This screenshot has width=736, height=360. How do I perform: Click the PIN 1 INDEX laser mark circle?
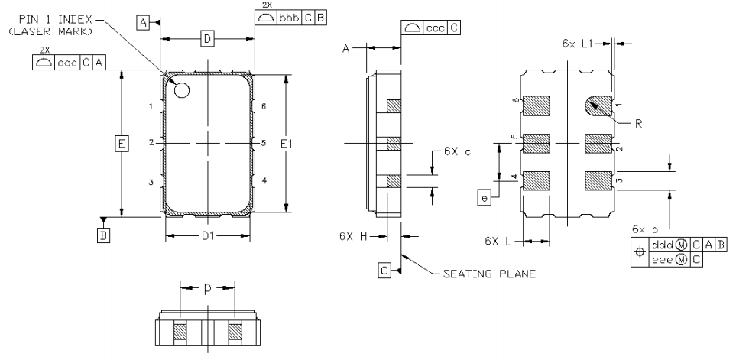[x=182, y=90]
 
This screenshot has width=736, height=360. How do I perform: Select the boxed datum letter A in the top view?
[x=143, y=24]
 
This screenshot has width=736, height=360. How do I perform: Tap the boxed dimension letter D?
[x=206, y=38]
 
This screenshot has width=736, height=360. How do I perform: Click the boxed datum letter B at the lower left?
[x=102, y=235]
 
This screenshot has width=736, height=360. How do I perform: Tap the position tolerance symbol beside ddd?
[x=640, y=251]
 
